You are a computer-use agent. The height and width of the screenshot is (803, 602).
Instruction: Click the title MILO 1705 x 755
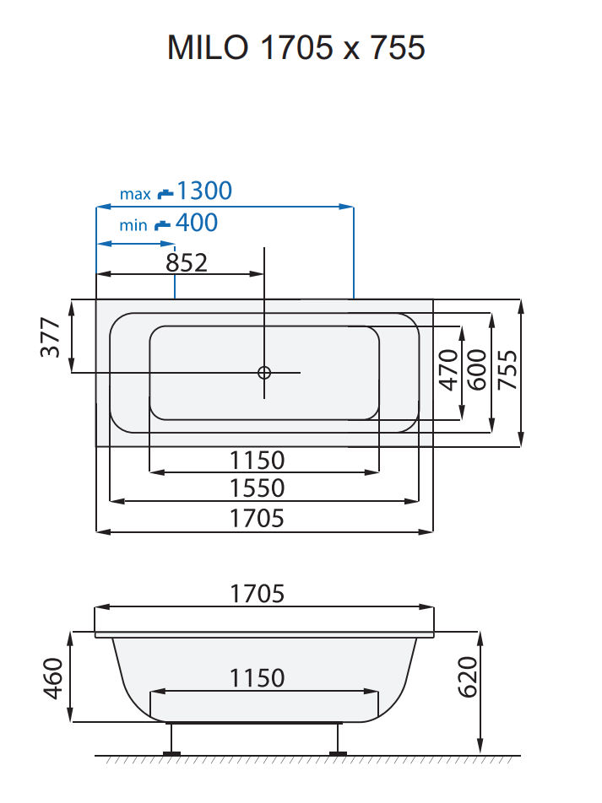(296, 47)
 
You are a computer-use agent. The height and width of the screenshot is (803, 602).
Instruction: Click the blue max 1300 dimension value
(203, 191)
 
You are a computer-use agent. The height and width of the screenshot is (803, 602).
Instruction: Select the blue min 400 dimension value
(197, 223)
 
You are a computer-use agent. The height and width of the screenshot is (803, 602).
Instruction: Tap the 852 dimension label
(187, 262)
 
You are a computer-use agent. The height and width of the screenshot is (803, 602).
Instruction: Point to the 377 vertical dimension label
(52, 337)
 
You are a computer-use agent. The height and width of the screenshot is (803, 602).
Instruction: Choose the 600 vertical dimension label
(477, 369)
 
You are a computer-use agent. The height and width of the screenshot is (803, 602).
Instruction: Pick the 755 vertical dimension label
(507, 369)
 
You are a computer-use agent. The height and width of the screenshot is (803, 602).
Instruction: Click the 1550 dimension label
(258, 488)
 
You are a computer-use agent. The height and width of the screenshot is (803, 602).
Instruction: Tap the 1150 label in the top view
(258, 461)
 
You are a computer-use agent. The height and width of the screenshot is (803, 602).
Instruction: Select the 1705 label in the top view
(258, 518)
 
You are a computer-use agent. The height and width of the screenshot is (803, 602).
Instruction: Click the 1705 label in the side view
(258, 594)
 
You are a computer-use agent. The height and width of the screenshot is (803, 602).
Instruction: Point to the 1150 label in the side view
(258, 677)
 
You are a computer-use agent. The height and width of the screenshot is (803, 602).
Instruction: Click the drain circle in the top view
(264, 372)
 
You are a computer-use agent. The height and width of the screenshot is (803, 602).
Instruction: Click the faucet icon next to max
(165, 193)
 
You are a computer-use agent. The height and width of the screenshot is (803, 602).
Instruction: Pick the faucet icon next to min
(162, 225)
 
